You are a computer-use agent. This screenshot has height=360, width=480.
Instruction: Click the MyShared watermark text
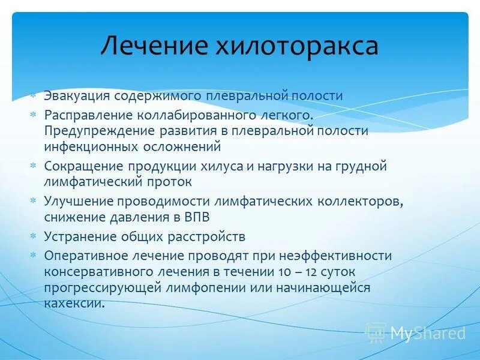coord(428,333)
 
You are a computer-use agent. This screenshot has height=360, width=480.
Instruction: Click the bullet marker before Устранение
coord(34,236)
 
